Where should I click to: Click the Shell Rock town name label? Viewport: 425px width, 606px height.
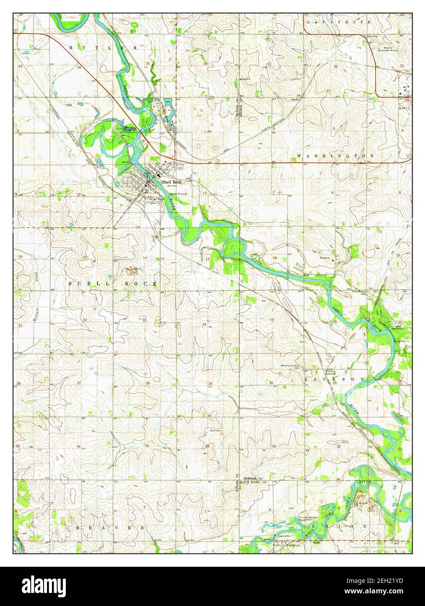(x=171, y=182)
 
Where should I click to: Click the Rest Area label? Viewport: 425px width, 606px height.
(x=372, y=42)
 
